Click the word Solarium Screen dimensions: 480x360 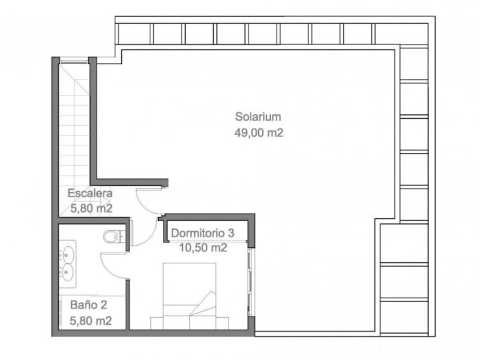coord(258,117)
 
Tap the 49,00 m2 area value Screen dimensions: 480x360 coord(259,133)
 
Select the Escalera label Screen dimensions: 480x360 coord(90,193)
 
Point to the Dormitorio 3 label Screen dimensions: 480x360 coord(203,233)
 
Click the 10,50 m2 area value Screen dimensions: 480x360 coord(203,247)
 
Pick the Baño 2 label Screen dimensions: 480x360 coord(89,305)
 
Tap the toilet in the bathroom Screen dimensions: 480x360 coord(114,237)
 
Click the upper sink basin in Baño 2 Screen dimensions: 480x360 coord(68,254)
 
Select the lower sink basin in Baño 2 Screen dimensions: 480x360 coord(68,273)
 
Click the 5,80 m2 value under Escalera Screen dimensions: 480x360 coord(91,209)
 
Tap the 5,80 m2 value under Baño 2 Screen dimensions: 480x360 coord(91,321)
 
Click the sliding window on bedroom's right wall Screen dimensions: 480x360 coord(250,282)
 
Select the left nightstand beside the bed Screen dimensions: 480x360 coord(157,323)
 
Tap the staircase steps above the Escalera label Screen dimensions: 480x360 coord(74,122)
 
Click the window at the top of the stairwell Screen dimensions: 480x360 coord(74,62)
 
